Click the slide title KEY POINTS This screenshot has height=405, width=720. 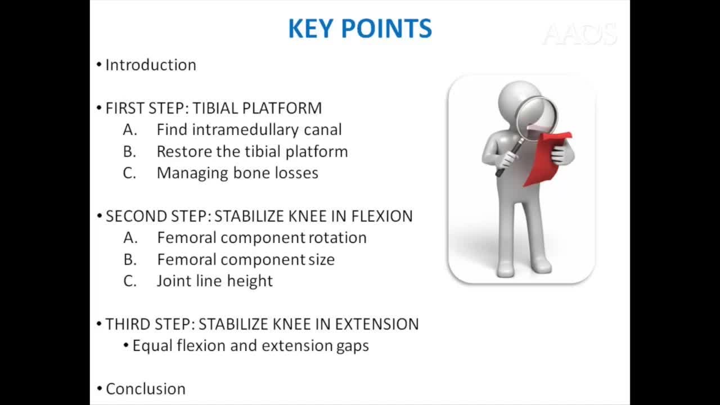coord(360,29)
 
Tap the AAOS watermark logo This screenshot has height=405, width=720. coord(579,35)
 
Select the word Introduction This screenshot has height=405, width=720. coord(151,65)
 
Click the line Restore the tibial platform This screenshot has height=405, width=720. coord(252,152)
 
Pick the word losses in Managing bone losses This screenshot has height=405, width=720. coord(296,173)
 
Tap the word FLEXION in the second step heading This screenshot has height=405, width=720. coord(382,217)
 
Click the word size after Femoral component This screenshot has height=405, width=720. coord(321,260)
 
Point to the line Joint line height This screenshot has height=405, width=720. coord(214,281)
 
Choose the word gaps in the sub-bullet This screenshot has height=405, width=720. coord(353,346)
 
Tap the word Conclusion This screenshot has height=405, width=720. coord(146,389)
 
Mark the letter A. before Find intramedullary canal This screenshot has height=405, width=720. coord(130,130)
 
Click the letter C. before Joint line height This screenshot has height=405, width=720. coord(130,281)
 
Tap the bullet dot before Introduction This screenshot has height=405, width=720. coord(99,65)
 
